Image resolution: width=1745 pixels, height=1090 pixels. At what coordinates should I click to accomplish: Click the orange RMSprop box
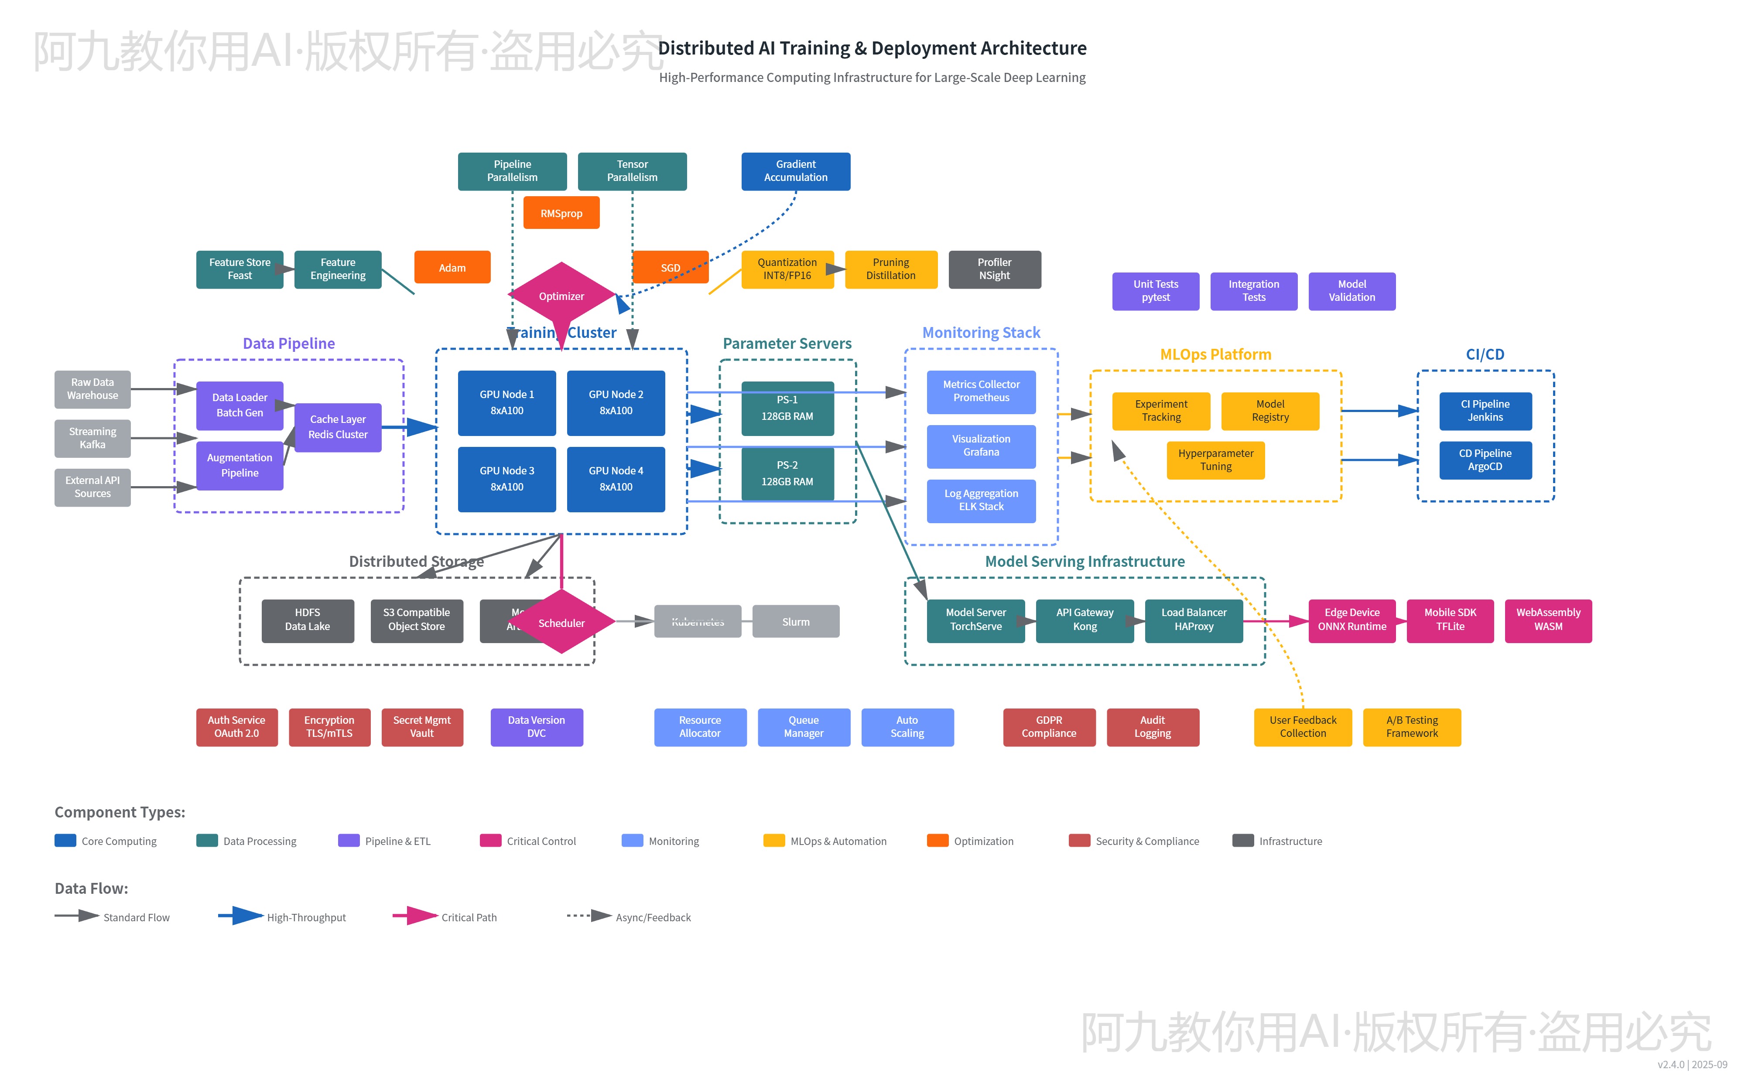(x=561, y=213)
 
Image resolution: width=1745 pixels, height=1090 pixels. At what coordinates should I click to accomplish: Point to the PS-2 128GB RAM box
(x=787, y=473)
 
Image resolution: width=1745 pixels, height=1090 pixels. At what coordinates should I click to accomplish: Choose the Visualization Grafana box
(x=981, y=446)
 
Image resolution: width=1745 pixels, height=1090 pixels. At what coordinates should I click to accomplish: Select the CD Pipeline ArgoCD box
(x=1485, y=460)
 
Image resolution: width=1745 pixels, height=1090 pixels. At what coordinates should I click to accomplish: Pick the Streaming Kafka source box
(x=92, y=438)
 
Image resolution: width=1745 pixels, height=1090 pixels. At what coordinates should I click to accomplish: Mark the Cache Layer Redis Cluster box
(x=338, y=427)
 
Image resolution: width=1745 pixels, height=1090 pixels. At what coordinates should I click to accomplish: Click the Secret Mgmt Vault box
(x=422, y=727)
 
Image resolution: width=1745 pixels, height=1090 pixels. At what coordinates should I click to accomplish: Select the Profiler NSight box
(x=994, y=269)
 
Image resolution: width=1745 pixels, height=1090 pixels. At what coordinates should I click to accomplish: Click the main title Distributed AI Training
(x=872, y=48)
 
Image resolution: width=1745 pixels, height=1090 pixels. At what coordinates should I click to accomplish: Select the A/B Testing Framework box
(x=1411, y=727)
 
